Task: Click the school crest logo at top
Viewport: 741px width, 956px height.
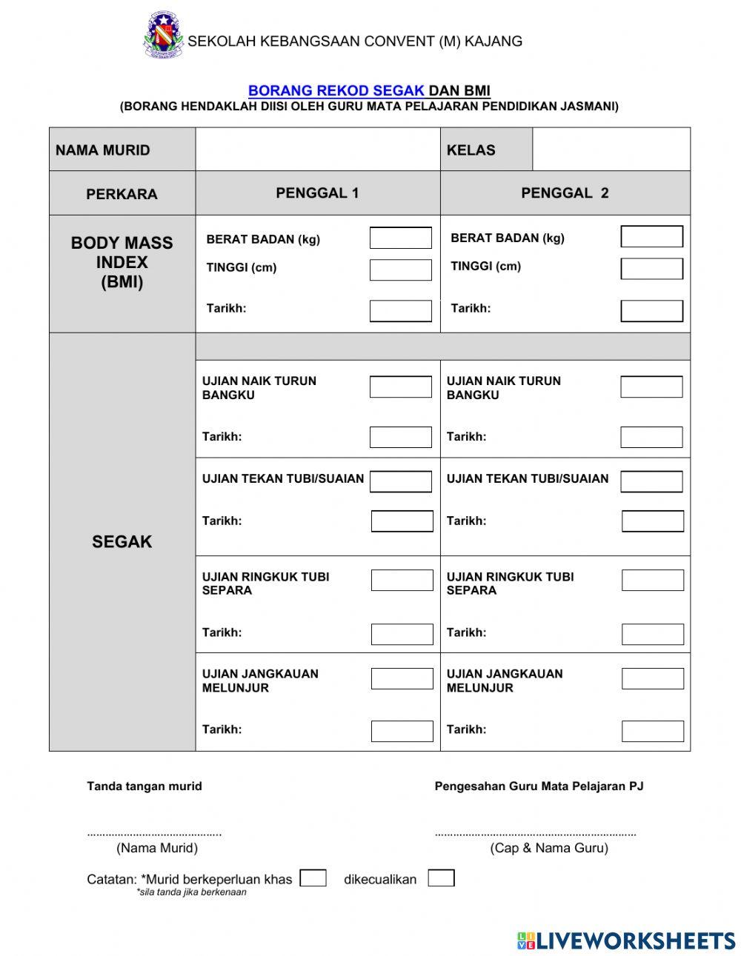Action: coord(163,35)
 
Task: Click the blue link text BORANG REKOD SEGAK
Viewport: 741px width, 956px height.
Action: coord(336,90)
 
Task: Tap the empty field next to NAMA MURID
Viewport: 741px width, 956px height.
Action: coord(317,150)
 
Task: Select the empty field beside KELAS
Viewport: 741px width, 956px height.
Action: coord(611,150)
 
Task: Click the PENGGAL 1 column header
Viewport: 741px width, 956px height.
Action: coord(317,193)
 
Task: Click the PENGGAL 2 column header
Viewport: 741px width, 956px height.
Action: coord(565,193)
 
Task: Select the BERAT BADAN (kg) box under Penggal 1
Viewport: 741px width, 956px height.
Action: coord(400,238)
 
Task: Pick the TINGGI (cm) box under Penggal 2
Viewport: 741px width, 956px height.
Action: coord(651,268)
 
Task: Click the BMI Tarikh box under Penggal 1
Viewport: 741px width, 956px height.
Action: coord(400,311)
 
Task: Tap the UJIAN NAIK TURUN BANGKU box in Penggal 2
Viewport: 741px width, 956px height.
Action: coord(651,387)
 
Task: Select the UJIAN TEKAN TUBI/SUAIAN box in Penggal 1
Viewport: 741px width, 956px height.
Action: coord(400,481)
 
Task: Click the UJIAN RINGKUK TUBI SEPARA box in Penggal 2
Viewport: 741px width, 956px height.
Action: coord(652,580)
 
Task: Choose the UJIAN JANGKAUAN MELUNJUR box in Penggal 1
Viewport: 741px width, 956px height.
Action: coord(402,678)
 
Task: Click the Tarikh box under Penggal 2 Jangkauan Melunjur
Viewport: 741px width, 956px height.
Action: coord(652,731)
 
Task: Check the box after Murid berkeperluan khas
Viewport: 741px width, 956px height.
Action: coord(313,878)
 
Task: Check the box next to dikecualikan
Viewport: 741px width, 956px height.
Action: coord(441,878)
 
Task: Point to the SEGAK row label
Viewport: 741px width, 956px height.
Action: coord(122,542)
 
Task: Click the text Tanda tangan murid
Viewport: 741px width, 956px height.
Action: coord(144,786)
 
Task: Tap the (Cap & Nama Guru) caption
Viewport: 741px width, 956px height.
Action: coord(548,848)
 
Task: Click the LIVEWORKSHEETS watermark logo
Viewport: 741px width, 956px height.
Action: coord(625,940)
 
